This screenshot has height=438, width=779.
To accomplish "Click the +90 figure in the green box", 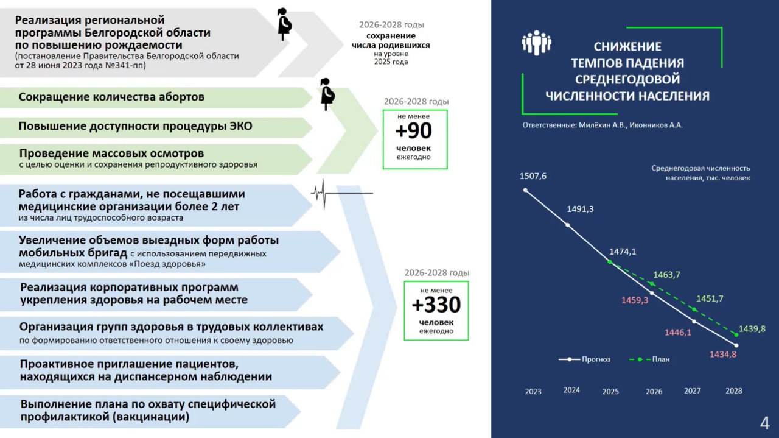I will (x=414, y=131).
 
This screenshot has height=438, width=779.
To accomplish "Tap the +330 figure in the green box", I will (x=436, y=304).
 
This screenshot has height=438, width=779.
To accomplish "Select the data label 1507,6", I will (x=533, y=176).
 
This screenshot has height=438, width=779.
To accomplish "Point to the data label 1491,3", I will (x=580, y=209).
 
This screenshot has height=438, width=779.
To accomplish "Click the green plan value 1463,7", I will (x=666, y=275).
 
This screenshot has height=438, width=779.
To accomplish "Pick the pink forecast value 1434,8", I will (x=723, y=354).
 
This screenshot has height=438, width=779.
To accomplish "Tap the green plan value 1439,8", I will (x=752, y=328).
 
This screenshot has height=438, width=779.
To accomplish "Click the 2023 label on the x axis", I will (x=533, y=392).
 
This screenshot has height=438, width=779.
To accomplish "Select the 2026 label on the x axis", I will (x=654, y=392).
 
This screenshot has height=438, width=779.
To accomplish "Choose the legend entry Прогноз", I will (x=596, y=359).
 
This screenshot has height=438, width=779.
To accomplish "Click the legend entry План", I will (x=661, y=359).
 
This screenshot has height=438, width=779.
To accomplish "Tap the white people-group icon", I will (x=536, y=43).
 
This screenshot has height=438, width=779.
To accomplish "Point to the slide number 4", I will (x=765, y=422).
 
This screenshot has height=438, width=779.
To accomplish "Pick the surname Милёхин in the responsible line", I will (x=600, y=125).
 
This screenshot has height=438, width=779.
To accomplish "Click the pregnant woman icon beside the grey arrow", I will (x=284, y=24).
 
